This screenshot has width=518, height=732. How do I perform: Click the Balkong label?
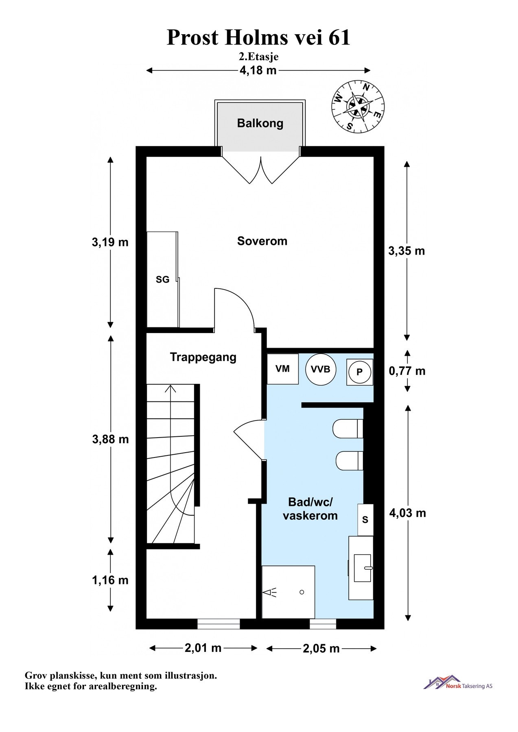pos(260,123)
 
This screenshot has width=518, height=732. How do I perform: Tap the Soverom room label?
pos(262,241)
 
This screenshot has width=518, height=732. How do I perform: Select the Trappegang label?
pos(203,357)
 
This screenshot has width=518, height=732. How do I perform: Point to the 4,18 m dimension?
pos(258,70)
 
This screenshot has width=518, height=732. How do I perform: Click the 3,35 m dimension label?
pos(407,251)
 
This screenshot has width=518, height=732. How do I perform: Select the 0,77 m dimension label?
pos(407,371)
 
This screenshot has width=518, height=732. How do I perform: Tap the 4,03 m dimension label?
pos(407,513)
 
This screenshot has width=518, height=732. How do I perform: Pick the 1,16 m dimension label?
pos(110,580)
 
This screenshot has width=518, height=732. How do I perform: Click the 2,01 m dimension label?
pos(203,648)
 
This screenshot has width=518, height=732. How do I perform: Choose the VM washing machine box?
pos(282,369)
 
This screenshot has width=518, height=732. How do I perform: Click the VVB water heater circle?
pos(321,369)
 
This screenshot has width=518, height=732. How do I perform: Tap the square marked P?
pos(360,372)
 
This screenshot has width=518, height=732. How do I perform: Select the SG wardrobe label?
pos(163,280)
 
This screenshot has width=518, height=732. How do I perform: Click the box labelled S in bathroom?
pos(365,520)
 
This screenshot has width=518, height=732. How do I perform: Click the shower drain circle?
pos(302,592)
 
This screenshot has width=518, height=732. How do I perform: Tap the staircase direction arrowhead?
pos(170,388)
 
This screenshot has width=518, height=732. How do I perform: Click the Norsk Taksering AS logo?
pos(458,683)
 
